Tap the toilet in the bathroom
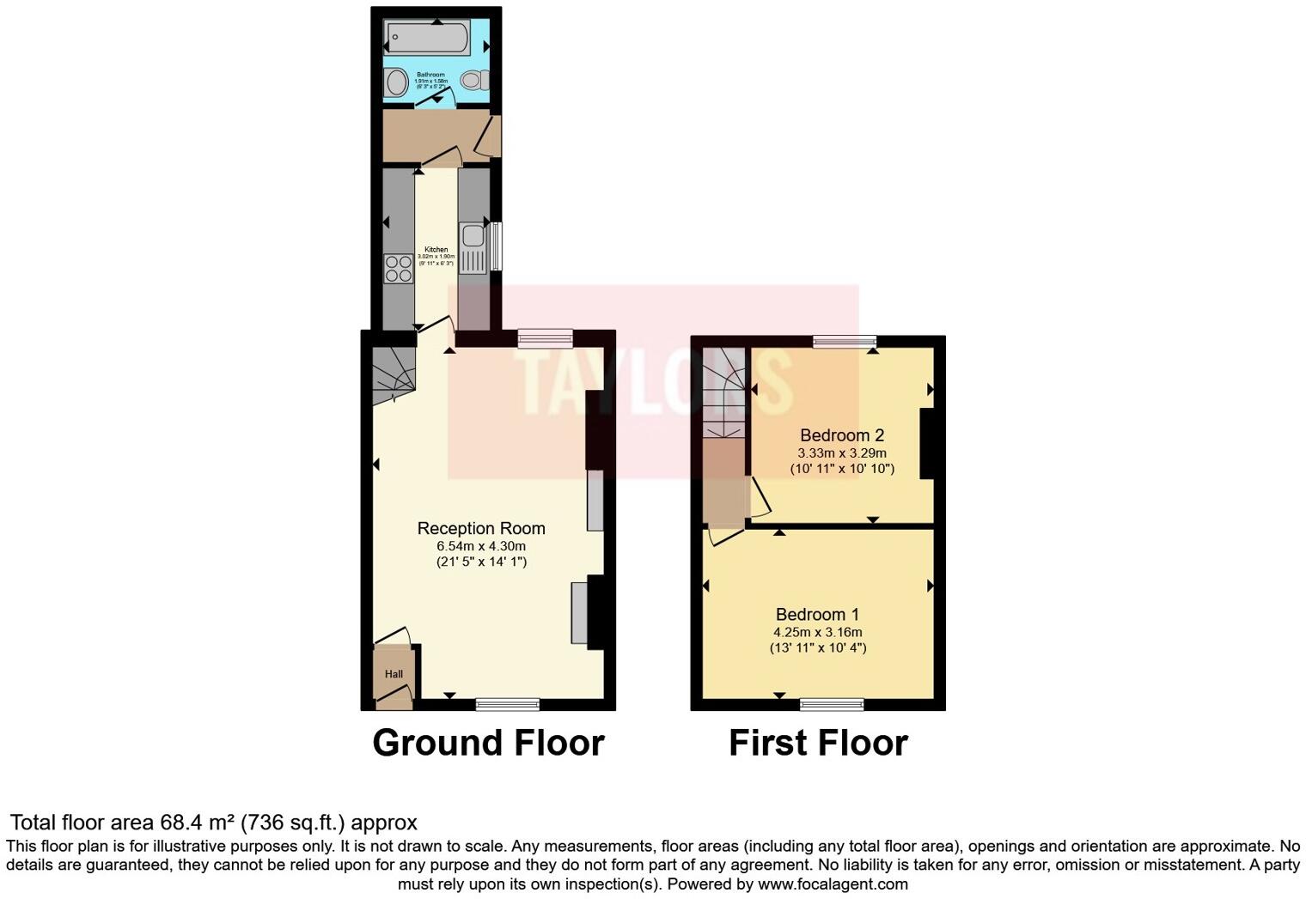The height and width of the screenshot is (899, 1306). click(473, 80)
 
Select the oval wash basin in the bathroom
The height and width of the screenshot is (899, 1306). click(396, 82)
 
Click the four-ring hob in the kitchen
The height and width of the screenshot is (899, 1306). click(398, 269)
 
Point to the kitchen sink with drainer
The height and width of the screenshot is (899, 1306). click(473, 247)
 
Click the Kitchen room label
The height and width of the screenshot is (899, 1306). click(436, 250)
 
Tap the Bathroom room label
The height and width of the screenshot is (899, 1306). click(430, 75)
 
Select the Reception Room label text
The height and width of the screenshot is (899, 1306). click(481, 528)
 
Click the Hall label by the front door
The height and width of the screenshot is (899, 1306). click(394, 674)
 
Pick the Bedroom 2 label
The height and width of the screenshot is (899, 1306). click(842, 435)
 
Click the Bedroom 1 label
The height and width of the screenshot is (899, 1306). click(817, 614)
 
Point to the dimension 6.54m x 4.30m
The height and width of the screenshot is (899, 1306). click(481, 546)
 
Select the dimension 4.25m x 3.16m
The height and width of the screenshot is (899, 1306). click(817, 632)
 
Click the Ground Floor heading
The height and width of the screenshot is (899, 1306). click(488, 743)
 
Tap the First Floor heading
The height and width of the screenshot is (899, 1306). click(818, 743)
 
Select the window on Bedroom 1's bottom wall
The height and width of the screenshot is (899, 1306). click(832, 705)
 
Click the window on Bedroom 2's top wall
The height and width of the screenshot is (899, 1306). click(845, 341)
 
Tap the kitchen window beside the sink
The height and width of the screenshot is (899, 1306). click(496, 247)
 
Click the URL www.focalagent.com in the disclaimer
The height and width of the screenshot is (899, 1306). click(833, 884)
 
